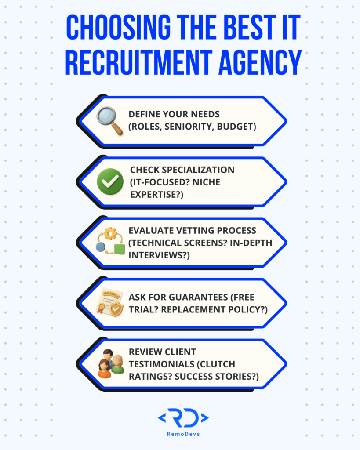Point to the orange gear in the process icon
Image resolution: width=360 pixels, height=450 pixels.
[x=109, y=233]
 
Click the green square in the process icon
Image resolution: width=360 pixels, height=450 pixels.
[x=119, y=249]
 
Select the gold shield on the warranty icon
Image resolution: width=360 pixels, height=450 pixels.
[x=116, y=309]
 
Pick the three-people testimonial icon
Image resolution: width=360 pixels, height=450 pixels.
[x=110, y=364]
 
